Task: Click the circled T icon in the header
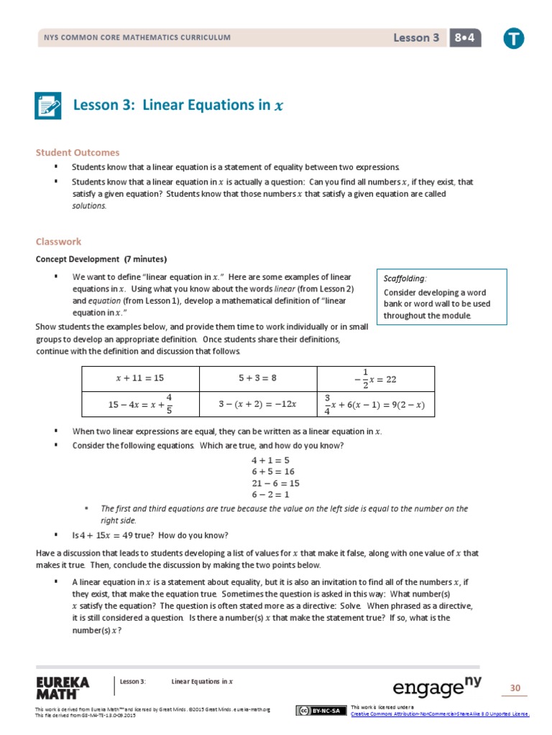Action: (513, 39)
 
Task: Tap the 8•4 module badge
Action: (464, 38)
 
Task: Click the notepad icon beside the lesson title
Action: (49, 106)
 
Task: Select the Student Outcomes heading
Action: (78, 152)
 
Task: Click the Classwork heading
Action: (59, 242)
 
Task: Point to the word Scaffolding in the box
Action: (405, 278)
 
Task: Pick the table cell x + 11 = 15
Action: (140, 378)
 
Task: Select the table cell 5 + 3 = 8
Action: (257, 378)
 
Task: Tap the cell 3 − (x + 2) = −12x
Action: (257, 404)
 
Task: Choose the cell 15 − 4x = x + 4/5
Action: (140, 404)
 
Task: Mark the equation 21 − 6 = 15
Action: (275, 483)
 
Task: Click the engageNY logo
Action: (437, 687)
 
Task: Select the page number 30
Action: (515, 688)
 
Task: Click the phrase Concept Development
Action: (78, 259)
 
